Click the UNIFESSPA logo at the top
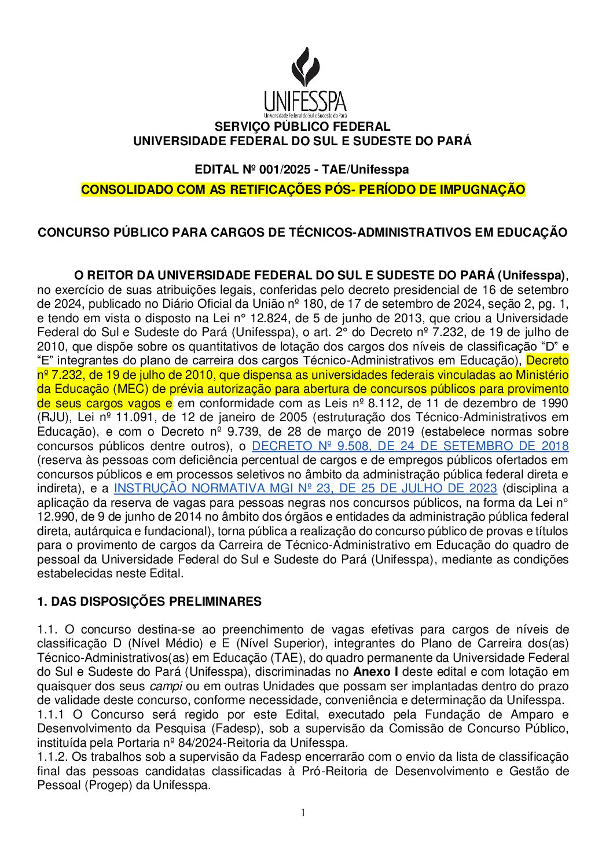(x=305, y=83)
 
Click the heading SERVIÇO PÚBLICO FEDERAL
(x=302, y=127)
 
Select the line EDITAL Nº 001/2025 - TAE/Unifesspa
(x=302, y=169)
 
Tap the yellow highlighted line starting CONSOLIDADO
(x=303, y=190)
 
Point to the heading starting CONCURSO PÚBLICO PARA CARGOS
(x=302, y=233)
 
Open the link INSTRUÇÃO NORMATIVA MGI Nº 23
(x=305, y=488)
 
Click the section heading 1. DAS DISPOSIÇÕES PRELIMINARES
(x=149, y=602)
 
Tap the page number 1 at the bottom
(x=303, y=813)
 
